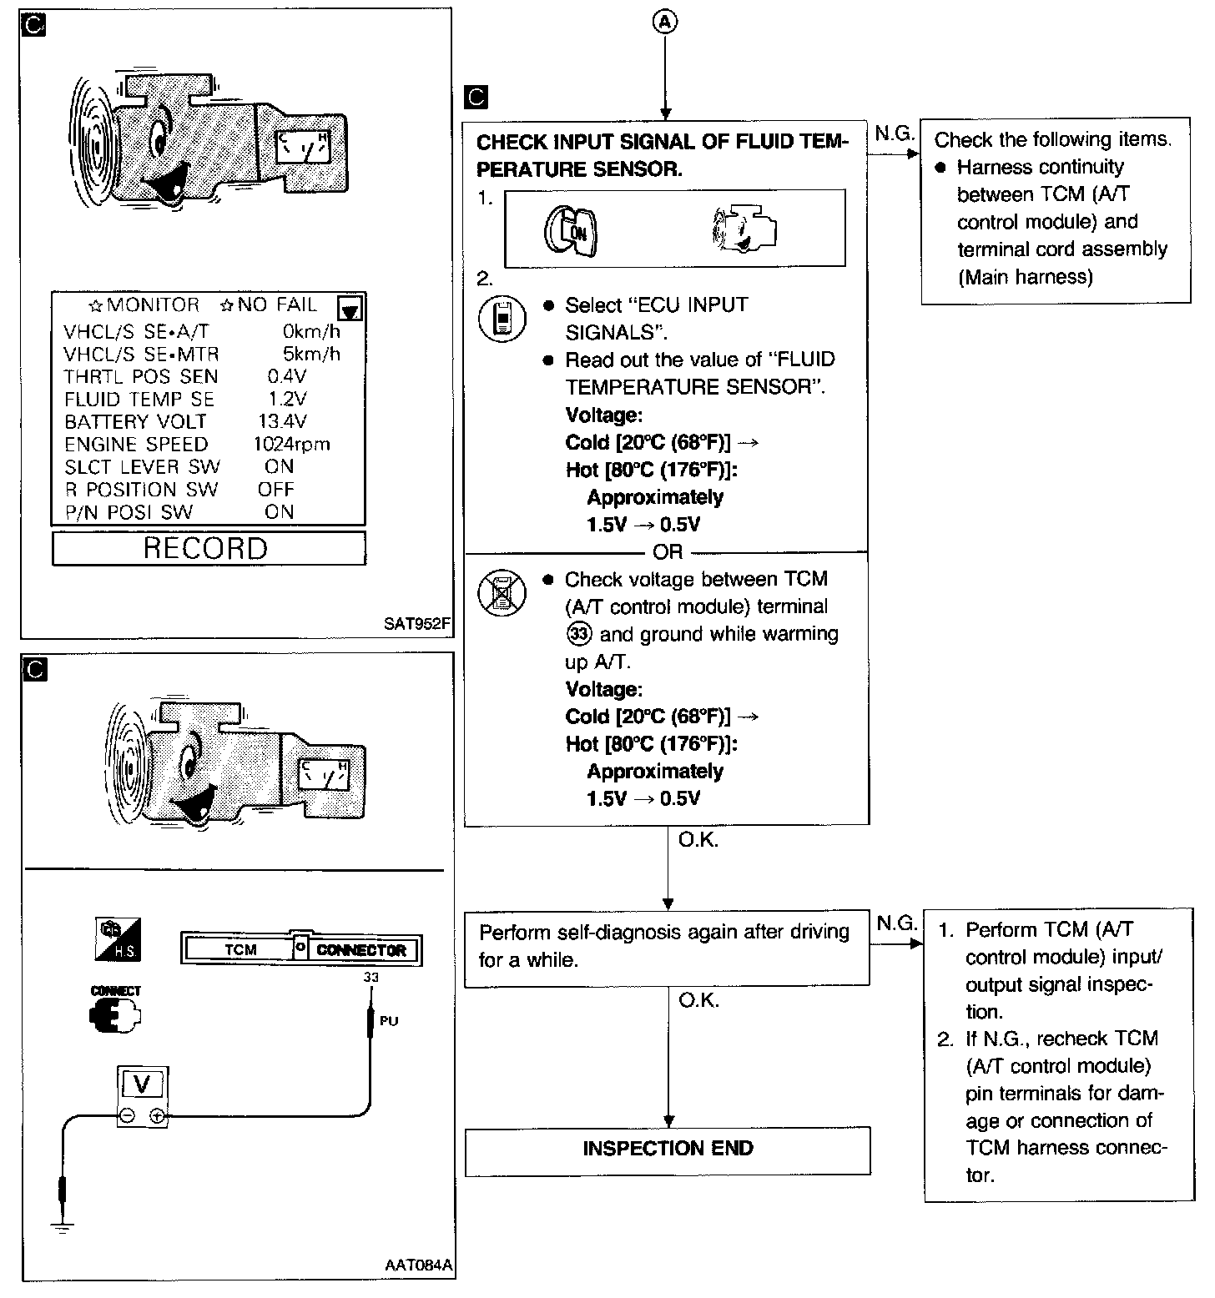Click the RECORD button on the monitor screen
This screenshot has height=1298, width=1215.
(208, 549)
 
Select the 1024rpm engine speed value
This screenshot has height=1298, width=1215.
(291, 445)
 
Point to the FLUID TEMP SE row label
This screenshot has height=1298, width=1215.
(139, 400)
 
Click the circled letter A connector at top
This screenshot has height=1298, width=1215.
(665, 23)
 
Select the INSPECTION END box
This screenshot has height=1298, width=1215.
(667, 1150)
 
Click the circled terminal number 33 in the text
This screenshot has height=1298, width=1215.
(579, 635)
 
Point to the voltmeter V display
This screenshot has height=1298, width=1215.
(143, 1084)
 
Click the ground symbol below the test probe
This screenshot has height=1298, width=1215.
(63, 1225)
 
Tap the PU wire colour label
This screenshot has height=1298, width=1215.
(389, 1021)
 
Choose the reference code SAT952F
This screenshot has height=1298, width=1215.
(417, 623)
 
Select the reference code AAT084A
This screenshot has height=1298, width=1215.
(420, 1265)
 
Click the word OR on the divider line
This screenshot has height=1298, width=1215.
(668, 552)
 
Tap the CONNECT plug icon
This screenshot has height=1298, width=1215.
(115, 1009)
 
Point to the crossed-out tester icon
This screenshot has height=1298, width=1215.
(502, 592)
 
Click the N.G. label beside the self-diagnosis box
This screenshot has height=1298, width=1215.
(896, 923)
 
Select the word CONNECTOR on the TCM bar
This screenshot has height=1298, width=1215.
(361, 950)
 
